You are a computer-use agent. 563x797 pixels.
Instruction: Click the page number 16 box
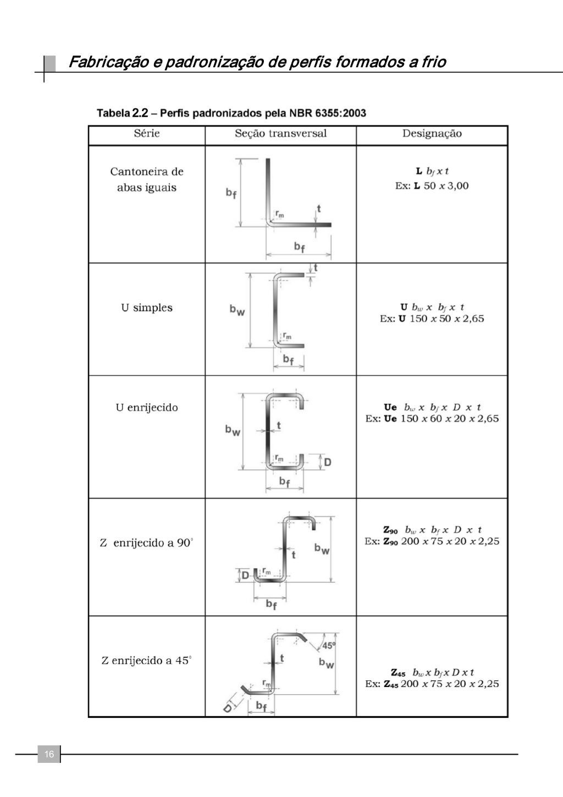coord(49,754)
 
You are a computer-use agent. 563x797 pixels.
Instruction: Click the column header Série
coord(147,134)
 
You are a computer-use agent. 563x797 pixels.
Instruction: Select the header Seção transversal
coord(280,134)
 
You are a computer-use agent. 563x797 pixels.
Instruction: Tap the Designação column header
coord(432,134)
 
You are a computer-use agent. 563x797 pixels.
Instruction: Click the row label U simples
coord(147,308)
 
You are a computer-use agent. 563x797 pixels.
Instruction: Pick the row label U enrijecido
coord(147,408)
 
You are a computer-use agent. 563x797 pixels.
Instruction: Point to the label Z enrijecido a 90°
coord(146,543)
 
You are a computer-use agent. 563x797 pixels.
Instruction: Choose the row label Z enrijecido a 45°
coord(146,661)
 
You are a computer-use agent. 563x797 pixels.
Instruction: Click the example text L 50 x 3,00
coord(432,186)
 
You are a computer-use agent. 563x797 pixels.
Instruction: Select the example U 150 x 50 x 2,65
coord(432,319)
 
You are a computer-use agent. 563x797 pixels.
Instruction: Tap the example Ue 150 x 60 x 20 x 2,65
coord(432,419)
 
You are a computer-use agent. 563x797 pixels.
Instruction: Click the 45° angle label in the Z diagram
coord(328,645)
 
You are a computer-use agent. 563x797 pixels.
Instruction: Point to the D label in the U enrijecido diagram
coord(327,462)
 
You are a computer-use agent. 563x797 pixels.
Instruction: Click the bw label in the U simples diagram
coord(237,310)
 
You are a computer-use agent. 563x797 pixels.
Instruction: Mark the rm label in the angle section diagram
coord(280,215)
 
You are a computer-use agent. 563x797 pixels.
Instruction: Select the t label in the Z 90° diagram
coord(294,554)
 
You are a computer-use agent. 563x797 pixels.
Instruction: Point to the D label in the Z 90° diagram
coord(245,575)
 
